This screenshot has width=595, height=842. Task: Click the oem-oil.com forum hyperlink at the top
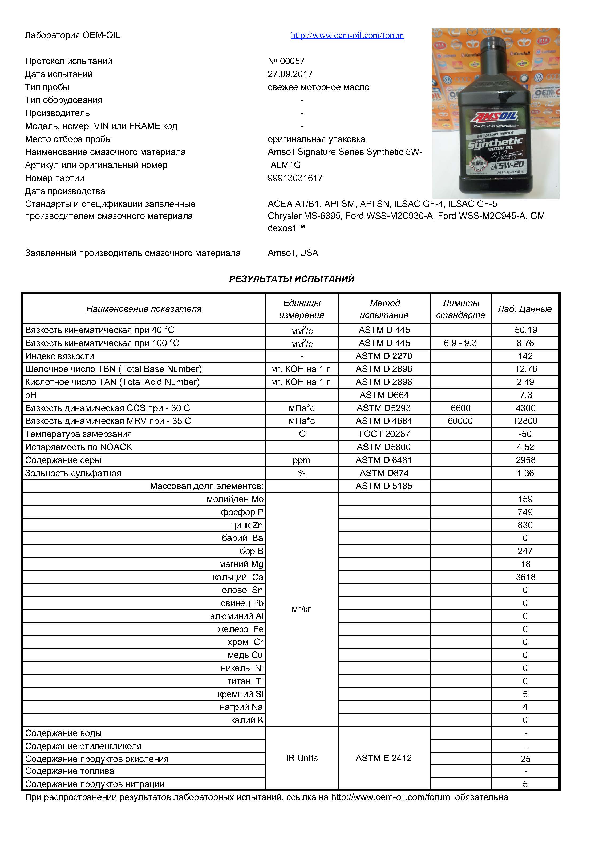(x=347, y=35)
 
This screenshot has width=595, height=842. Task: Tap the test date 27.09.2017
(x=290, y=74)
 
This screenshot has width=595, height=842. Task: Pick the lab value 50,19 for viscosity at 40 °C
(x=526, y=330)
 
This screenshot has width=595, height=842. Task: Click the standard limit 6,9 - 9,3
(x=460, y=343)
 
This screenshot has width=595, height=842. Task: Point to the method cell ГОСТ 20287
(x=384, y=434)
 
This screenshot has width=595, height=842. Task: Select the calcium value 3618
(x=525, y=577)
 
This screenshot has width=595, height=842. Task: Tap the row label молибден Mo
(x=235, y=499)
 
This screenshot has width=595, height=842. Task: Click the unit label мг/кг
(x=301, y=610)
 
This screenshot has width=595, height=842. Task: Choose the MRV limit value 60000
(x=460, y=421)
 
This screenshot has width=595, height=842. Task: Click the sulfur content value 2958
(x=525, y=460)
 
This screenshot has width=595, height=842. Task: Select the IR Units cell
(x=301, y=758)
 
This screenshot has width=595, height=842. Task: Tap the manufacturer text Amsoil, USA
(x=293, y=253)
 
